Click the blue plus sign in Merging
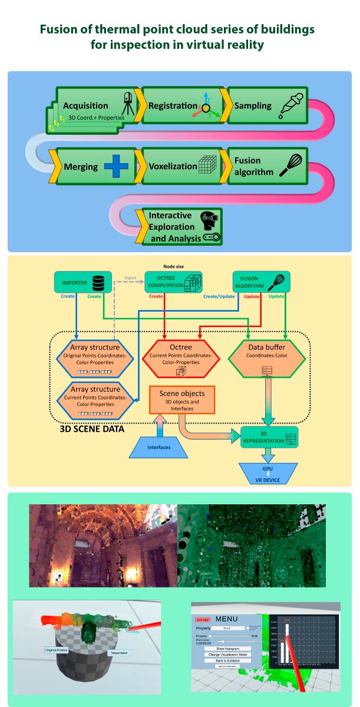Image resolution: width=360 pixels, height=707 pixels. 115,167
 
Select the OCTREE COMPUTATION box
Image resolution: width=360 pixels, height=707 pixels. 173,282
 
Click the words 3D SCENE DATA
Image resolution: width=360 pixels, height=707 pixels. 92,430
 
